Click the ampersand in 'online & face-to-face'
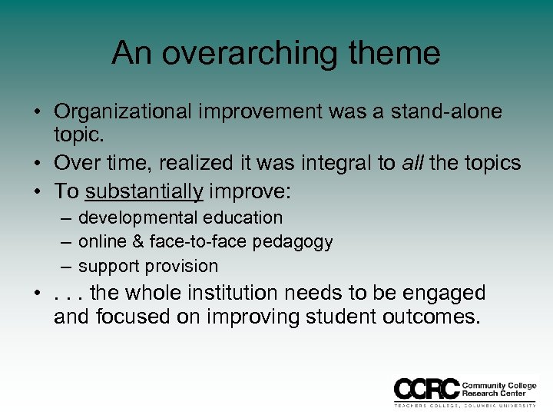click(x=139, y=242)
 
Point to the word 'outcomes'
click(x=429, y=317)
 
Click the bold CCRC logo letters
click(x=427, y=388)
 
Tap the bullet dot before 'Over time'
click(x=37, y=164)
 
